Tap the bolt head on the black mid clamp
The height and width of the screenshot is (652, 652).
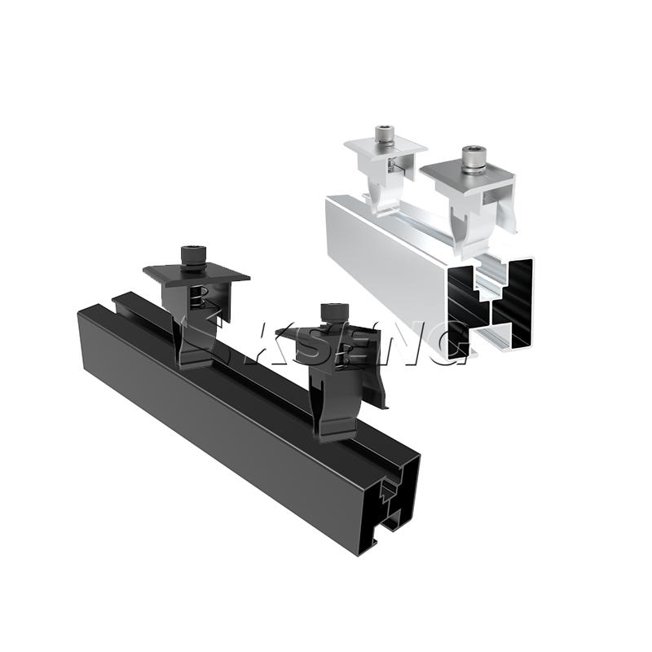pos(192,253)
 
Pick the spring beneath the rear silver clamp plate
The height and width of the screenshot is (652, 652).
pos(393,166)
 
